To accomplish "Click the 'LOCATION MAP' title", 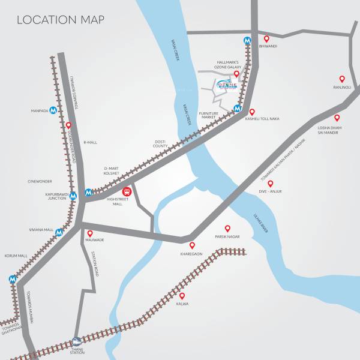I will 61,20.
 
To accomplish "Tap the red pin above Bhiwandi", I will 267,39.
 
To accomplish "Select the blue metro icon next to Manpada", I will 53,110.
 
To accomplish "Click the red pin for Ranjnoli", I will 342,79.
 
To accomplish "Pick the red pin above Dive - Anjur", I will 271,184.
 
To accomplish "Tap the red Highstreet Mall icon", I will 127,192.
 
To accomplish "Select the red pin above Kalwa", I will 182,296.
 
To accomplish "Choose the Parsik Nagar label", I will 227,237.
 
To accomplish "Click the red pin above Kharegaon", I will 192,245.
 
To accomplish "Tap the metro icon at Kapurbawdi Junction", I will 73,196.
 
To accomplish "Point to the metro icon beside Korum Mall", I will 13,279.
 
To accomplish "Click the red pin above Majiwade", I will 90,233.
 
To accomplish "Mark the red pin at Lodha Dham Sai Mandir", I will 337,118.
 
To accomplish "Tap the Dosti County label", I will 160,144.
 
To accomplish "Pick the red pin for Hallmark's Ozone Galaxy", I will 236,74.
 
